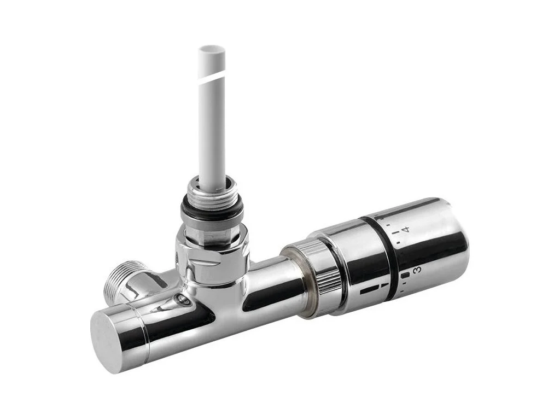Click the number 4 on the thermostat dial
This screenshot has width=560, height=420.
point(405,229)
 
